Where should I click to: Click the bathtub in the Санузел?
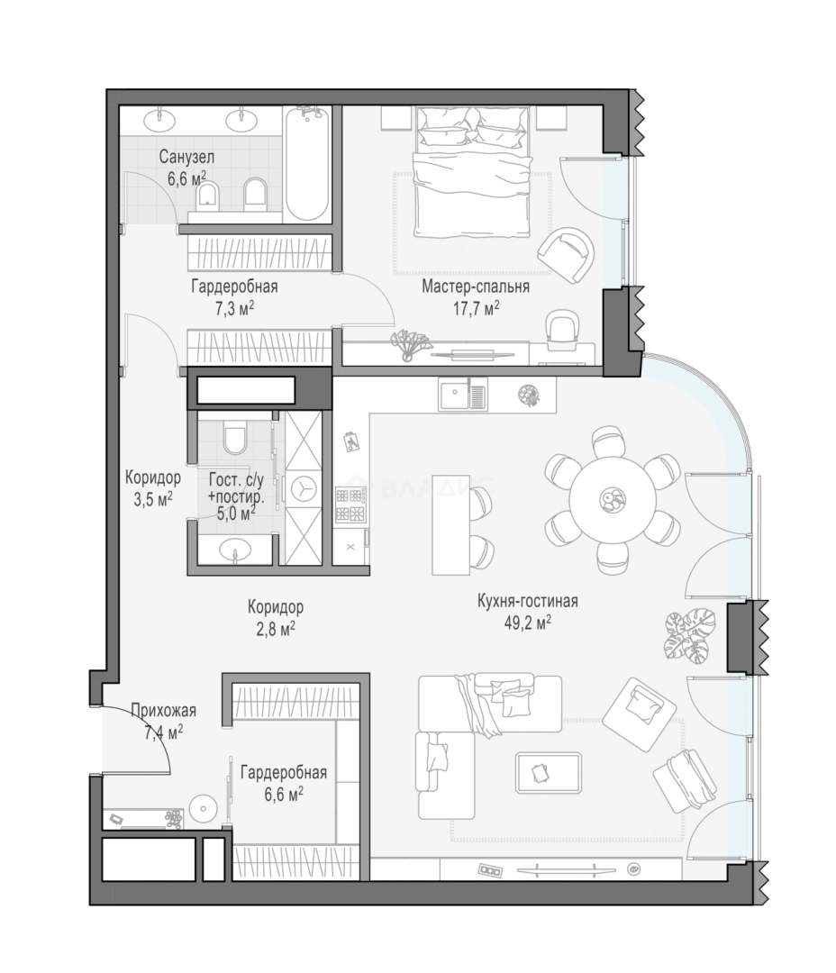click(x=307, y=164)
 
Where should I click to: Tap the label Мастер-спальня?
click(x=476, y=286)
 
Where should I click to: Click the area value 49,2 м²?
click(x=528, y=623)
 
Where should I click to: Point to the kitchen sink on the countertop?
click(x=463, y=394)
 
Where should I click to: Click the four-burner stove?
click(x=350, y=504)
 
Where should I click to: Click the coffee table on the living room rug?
click(x=548, y=773)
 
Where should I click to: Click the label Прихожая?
click(x=163, y=710)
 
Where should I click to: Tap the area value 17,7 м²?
click(x=476, y=308)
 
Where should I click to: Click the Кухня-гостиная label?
click(x=528, y=601)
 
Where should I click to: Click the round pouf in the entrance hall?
click(x=203, y=808)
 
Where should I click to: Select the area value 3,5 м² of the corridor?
click(x=152, y=499)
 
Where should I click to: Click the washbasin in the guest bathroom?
click(x=235, y=550)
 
